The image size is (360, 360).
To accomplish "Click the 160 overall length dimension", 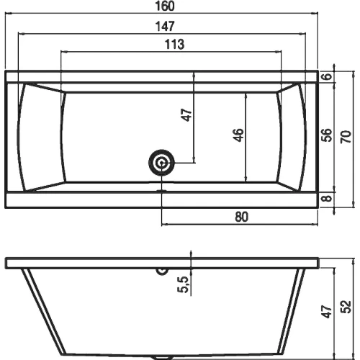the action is (x=165, y=6).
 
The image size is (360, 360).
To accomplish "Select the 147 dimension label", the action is (x=165, y=27).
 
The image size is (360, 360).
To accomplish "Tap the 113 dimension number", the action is (x=175, y=45).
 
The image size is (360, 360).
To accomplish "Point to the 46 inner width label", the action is (x=238, y=135).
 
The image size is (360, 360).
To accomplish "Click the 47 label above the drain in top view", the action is (x=186, y=115).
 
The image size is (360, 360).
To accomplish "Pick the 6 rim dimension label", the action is (x=327, y=76).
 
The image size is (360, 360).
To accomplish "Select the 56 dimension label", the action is (x=327, y=135).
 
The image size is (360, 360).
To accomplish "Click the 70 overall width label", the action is (x=346, y=137).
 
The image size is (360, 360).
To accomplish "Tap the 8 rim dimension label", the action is (x=327, y=198).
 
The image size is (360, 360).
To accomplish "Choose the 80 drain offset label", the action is (x=241, y=217).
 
